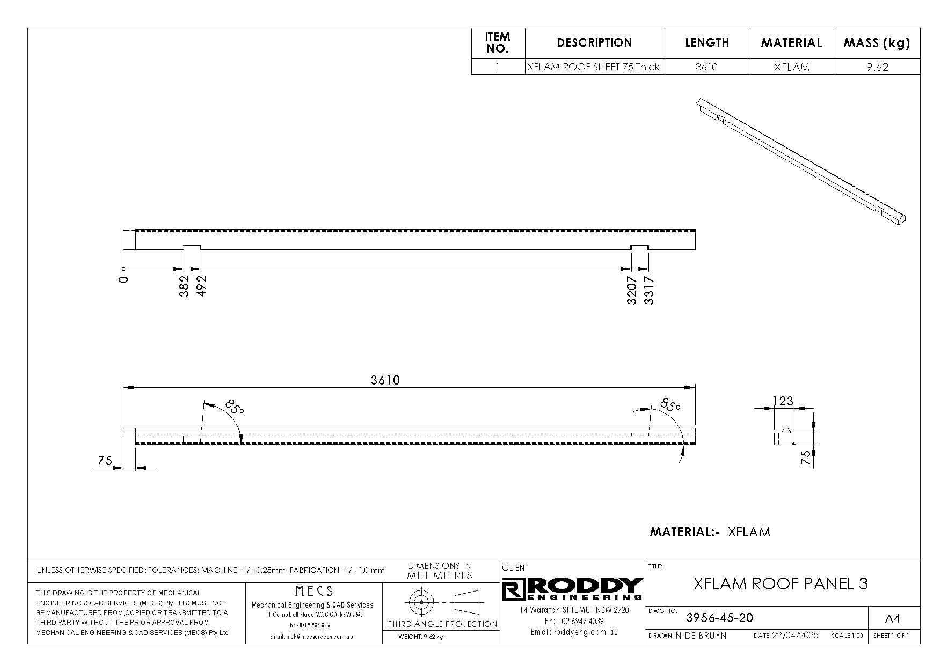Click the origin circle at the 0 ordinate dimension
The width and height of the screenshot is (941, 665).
(x=123, y=269)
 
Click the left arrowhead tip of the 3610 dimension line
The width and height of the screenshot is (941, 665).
(x=124, y=387)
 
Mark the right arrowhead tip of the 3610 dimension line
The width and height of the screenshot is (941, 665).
(x=695, y=387)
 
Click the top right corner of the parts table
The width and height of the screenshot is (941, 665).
(x=920, y=28)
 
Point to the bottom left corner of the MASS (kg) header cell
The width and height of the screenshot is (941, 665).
(x=835, y=58)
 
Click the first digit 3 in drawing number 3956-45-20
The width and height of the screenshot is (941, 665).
(x=690, y=618)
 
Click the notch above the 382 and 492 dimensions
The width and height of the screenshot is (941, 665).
(x=192, y=247)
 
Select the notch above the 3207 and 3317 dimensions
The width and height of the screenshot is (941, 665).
(x=639, y=247)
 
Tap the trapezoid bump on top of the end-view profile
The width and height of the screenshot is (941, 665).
(x=786, y=431)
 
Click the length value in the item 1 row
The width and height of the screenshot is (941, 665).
(x=706, y=67)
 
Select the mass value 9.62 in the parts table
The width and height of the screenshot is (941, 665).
(x=877, y=67)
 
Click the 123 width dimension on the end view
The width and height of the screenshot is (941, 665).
(x=783, y=401)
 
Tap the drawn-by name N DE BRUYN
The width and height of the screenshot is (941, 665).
(x=701, y=636)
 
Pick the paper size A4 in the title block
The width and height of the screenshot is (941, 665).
(x=892, y=619)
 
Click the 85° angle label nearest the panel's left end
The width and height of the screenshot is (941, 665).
(x=235, y=407)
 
